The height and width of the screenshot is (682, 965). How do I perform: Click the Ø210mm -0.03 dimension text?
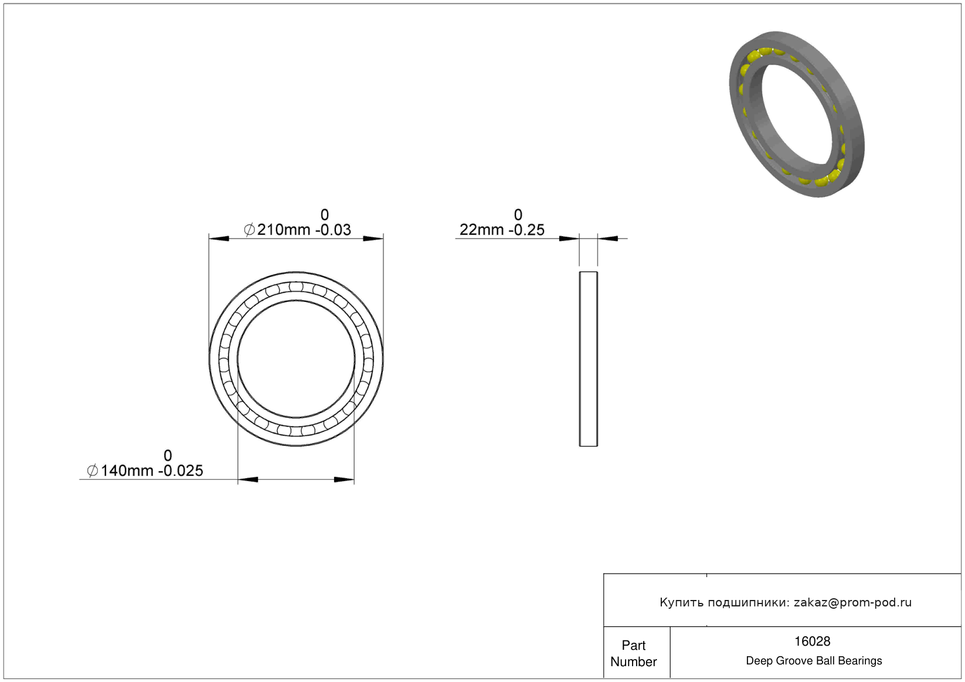pyautogui.click(x=298, y=230)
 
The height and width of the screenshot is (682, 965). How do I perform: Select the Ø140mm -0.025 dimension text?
pyautogui.click(x=145, y=470)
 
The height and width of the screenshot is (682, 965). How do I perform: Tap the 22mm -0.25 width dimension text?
pyautogui.click(x=502, y=230)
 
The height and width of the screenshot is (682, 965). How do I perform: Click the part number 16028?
pyautogui.click(x=812, y=641)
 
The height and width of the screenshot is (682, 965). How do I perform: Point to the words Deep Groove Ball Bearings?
pyautogui.click(x=814, y=660)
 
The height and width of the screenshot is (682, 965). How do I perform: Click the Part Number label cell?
pyautogui.click(x=633, y=653)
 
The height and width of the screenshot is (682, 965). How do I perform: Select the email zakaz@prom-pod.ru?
pyautogui.click(x=852, y=602)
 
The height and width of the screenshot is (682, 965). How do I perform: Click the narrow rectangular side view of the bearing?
pyautogui.click(x=589, y=359)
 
